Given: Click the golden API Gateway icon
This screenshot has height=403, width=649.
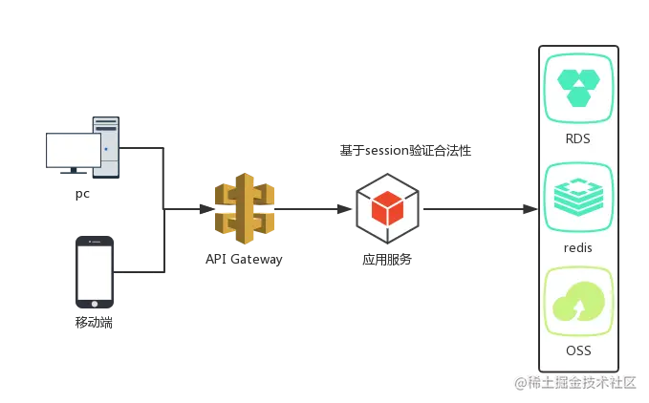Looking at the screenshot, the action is pyautogui.click(x=245, y=208).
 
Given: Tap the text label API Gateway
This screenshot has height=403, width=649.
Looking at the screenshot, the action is pyautogui.click(x=244, y=259).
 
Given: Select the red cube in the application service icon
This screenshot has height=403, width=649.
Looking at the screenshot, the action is pyautogui.click(x=387, y=208).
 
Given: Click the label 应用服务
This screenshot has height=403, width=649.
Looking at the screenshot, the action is pyautogui.click(x=387, y=260).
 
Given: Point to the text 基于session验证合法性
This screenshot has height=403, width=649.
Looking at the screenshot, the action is pyautogui.click(x=405, y=151).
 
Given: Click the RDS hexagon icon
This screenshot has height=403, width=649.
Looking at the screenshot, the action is pyautogui.click(x=578, y=88).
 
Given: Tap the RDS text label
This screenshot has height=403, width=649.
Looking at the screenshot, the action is pyautogui.click(x=578, y=138).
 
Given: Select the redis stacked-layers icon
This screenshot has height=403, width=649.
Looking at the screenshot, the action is pyautogui.click(x=578, y=197).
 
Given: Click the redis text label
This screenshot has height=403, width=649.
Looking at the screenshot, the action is pyautogui.click(x=578, y=247).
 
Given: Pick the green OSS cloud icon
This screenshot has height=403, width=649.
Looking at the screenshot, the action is pyautogui.click(x=578, y=302).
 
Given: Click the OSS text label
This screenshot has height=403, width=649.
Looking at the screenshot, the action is pyautogui.click(x=578, y=350).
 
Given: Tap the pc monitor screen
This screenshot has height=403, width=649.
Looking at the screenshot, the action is pyautogui.click(x=74, y=150).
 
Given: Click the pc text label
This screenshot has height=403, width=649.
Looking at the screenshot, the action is pyautogui.click(x=82, y=194).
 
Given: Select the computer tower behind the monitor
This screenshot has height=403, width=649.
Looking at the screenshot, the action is pyautogui.click(x=106, y=148).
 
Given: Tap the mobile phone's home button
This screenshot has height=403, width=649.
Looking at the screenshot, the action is pyautogui.click(x=95, y=304).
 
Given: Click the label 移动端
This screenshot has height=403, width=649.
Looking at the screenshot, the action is pyautogui.click(x=94, y=323).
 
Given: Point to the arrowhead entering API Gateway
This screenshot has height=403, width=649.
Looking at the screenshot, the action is pyautogui.click(x=206, y=209).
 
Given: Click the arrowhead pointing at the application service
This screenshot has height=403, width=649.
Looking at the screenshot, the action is pyautogui.click(x=344, y=209).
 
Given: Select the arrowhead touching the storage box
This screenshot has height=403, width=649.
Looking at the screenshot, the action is pyautogui.click(x=530, y=209).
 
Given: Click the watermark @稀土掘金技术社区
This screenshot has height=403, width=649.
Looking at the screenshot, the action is pyautogui.click(x=575, y=383).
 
